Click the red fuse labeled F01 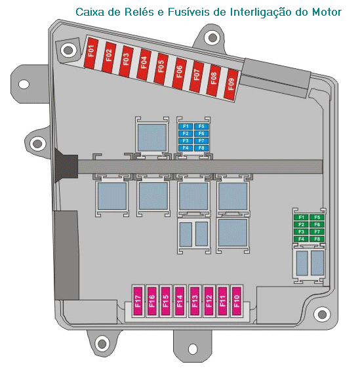click(91, 52)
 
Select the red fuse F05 click(161, 69)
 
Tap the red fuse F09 click(231, 85)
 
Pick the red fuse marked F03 click(126, 61)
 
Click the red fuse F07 click(197, 77)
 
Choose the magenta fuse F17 click(138, 301)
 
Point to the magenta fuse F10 click(237, 301)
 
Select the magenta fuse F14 click(180, 301)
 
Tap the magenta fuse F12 click(209, 301)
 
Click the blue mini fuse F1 click(186, 127)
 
